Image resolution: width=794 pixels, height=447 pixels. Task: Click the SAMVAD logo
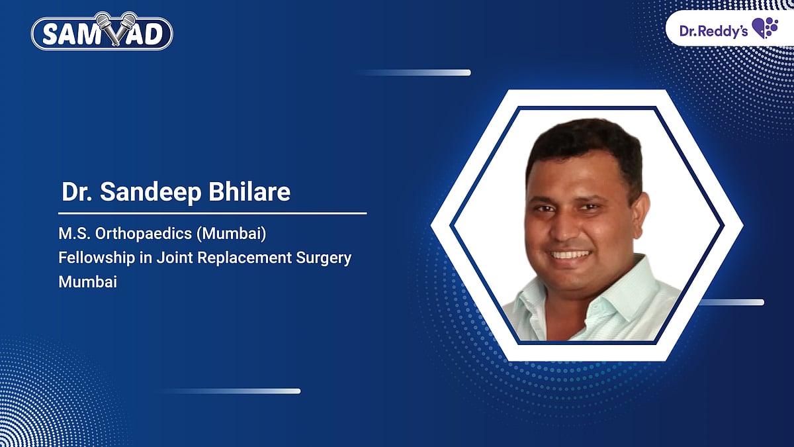tap(102, 33)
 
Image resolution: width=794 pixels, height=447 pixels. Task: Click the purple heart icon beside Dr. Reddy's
tap(766, 28)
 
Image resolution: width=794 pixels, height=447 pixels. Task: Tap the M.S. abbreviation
tap(71, 236)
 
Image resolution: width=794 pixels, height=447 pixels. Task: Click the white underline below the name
tap(212, 213)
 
